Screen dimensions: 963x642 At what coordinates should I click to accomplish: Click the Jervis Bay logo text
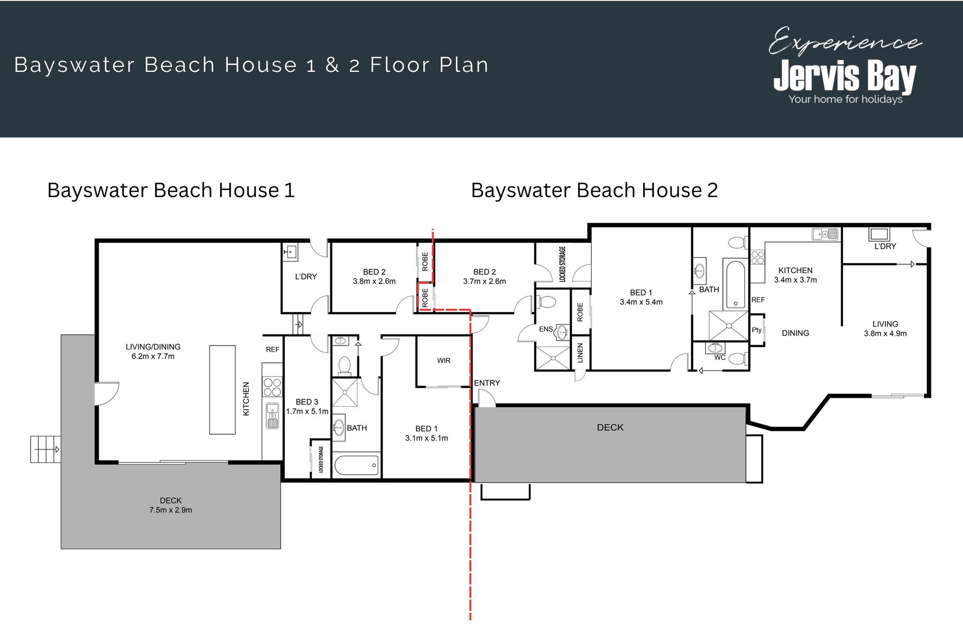point(845,76)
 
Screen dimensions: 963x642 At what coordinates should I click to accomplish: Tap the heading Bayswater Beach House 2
point(594,191)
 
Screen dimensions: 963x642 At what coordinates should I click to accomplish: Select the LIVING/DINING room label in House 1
point(153,347)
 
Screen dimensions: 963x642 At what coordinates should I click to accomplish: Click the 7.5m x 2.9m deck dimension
point(171,510)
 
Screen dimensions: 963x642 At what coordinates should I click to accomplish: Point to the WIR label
point(444,361)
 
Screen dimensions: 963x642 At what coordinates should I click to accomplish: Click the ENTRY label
point(487,383)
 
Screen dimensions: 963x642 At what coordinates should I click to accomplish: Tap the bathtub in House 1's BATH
point(356,465)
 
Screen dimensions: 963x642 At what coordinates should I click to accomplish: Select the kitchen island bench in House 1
point(222,390)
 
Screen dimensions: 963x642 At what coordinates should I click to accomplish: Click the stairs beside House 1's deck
point(46,449)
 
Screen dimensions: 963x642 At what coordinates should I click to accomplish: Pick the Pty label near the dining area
point(756,330)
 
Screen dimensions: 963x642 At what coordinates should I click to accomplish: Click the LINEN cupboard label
point(580,353)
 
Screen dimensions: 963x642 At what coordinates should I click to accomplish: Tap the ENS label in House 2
point(546,330)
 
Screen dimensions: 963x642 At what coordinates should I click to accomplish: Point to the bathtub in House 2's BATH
point(736,284)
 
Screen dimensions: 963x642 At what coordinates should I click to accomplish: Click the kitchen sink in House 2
point(825,234)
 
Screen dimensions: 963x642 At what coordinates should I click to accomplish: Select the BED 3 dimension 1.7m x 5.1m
point(307,411)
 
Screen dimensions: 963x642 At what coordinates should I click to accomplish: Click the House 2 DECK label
point(610,427)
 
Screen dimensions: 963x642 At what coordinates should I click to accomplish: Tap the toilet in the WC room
point(737,358)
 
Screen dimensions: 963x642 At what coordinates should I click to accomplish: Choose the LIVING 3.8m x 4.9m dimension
point(885,334)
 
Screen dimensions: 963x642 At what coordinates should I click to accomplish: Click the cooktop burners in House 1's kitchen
point(272,387)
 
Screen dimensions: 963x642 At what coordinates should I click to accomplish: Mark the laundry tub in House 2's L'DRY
point(879,234)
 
